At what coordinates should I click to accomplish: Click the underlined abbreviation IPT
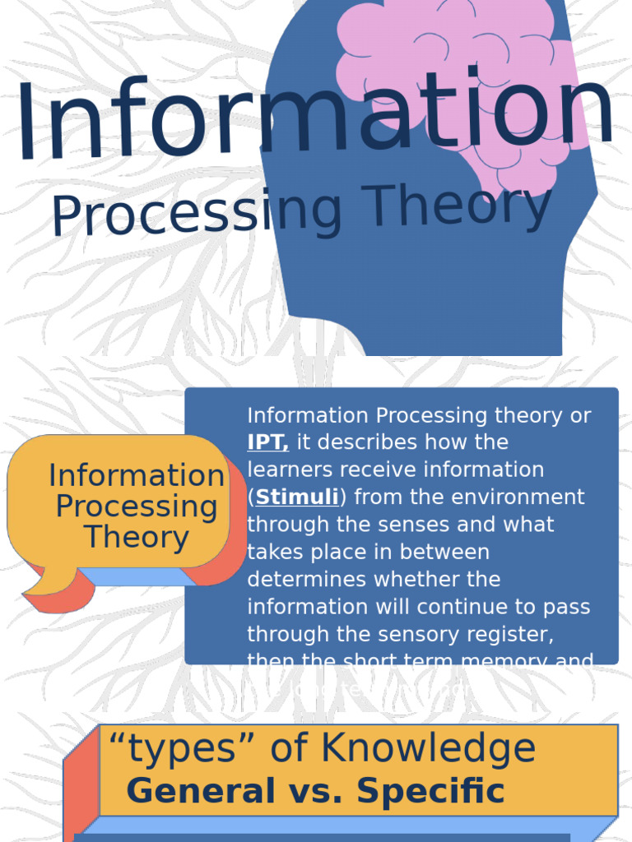[267, 442]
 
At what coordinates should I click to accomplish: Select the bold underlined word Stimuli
[297, 497]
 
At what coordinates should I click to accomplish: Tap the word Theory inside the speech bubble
[136, 538]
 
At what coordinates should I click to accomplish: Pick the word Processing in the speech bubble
[137, 507]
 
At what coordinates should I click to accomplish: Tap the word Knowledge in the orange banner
[428, 749]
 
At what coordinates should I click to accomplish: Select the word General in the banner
[201, 791]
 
